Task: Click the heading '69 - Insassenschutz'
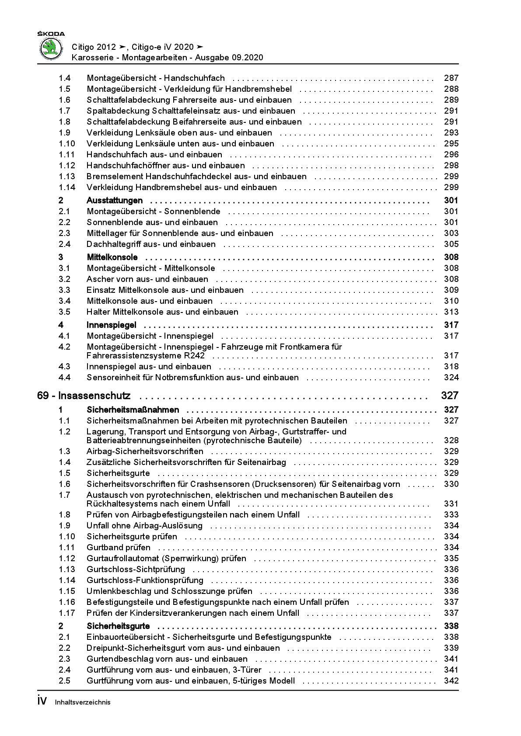(x=84, y=396)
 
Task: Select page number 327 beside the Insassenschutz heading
(x=449, y=396)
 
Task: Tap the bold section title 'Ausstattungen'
(x=115, y=201)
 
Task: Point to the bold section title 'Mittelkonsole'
(x=112, y=257)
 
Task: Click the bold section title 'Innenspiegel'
(x=112, y=325)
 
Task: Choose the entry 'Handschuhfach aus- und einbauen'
(x=154, y=155)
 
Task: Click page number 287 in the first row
(x=451, y=78)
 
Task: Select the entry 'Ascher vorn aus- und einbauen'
(x=147, y=279)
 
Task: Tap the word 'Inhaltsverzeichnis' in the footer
(x=83, y=702)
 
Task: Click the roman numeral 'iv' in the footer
(x=42, y=701)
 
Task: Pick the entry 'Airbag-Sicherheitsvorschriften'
(x=145, y=451)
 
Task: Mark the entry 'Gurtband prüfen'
(x=119, y=548)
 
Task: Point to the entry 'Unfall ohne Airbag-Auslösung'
(x=144, y=526)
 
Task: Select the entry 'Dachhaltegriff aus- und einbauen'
(x=151, y=244)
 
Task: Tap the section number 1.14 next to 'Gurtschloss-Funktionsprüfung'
(x=67, y=580)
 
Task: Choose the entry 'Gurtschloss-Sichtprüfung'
(x=136, y=569)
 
